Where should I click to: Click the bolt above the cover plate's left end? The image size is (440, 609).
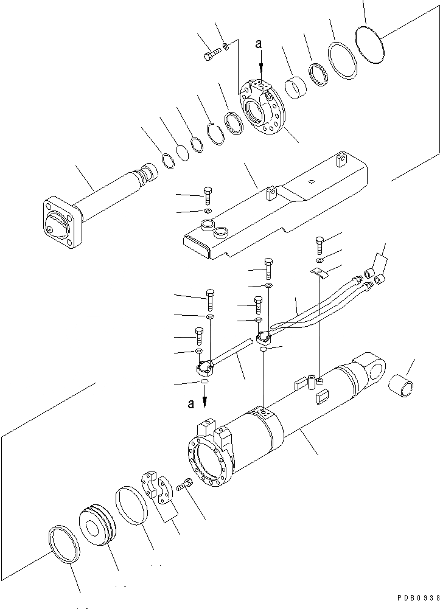point(208,195)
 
